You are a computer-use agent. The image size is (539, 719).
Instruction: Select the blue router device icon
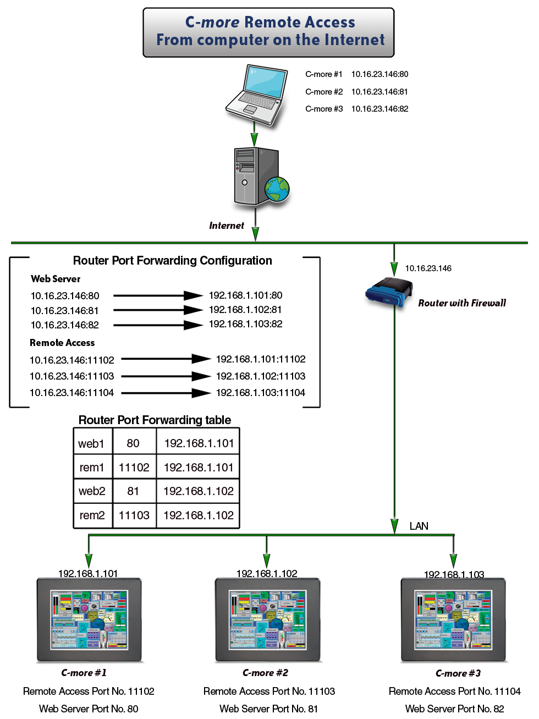point(389,292)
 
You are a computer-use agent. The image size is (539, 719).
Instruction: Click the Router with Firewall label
point(462,303)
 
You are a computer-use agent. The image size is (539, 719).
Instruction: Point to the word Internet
point(227,226)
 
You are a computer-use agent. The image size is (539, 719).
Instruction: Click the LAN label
point(419,526)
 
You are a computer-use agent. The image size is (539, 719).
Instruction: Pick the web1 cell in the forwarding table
point(91,443)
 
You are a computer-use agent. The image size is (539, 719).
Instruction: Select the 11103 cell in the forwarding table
point(134,515)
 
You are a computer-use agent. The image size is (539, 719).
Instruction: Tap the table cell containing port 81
point(133,491)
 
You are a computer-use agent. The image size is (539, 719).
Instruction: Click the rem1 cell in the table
point(92,468)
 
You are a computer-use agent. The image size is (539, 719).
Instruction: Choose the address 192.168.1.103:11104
point(261,393)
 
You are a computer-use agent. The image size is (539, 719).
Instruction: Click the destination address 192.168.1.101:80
point(245,295)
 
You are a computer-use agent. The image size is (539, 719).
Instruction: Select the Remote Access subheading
point(62,343)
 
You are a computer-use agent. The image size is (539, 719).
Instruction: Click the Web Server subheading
point(56,279)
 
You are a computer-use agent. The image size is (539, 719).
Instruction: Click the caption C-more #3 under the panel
point(458,673)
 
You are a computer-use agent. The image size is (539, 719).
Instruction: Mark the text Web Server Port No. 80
point(89,709)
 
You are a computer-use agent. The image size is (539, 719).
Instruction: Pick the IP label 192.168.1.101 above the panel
point(88,574)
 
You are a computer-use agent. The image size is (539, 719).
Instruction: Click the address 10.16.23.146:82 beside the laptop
point(380,109)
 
